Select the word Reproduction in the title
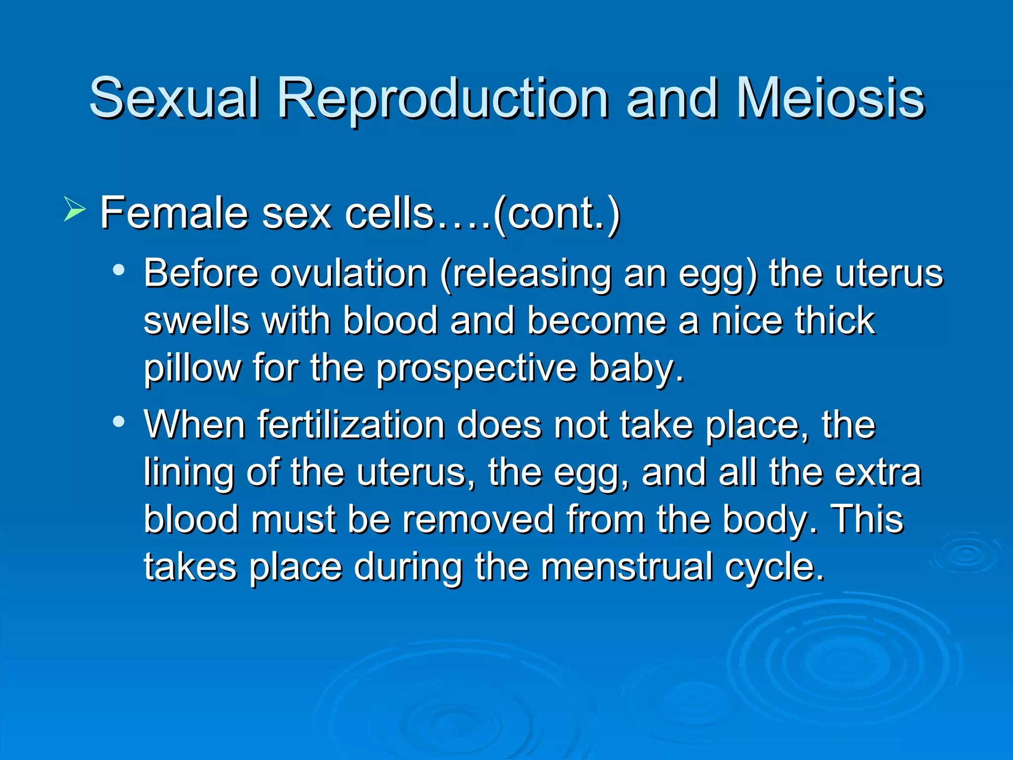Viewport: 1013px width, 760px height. (443, 99)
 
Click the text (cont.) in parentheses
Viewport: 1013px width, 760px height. (556, 214)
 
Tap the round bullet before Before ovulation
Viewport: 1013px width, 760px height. (118, 270)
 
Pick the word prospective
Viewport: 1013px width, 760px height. (476, 369)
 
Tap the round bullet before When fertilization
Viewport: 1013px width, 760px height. (118, 422)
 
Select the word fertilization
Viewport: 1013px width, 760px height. (351, 425)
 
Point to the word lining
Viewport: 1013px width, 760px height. (188, 473)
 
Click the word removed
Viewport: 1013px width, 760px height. (478, 520)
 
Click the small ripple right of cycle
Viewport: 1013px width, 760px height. (965, 554)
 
